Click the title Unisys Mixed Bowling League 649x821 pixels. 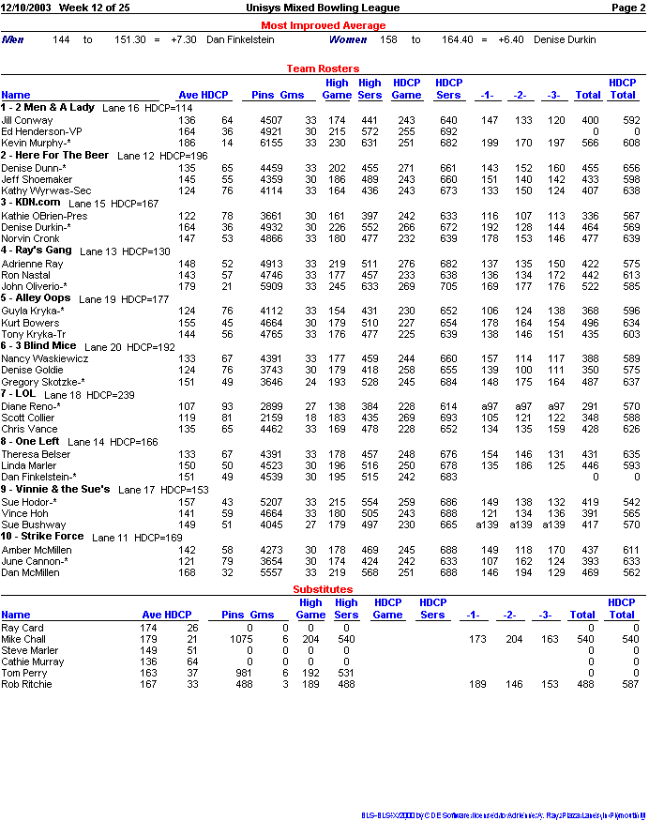pyautogui.click(x=323, y=8)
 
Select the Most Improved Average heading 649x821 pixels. pyautogui.click(x=323, y=25)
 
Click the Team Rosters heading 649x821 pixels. pyautogui.click(x=323, y=68)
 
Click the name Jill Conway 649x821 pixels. pyautogui.click(x=27, y=120)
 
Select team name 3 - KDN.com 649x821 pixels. pyautogui.click(x=31, y=202)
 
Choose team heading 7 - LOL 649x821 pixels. pyautogui.click(x=19, y=393)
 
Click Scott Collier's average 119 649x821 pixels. pyautogui.click(x=188, y=417)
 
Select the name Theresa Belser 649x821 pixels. pyautogui.click(x=36, y=453)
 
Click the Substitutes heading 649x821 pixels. pyautogui.click(x=323, y=588)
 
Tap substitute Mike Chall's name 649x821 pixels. pyautogui.click(x=23, y=639)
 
